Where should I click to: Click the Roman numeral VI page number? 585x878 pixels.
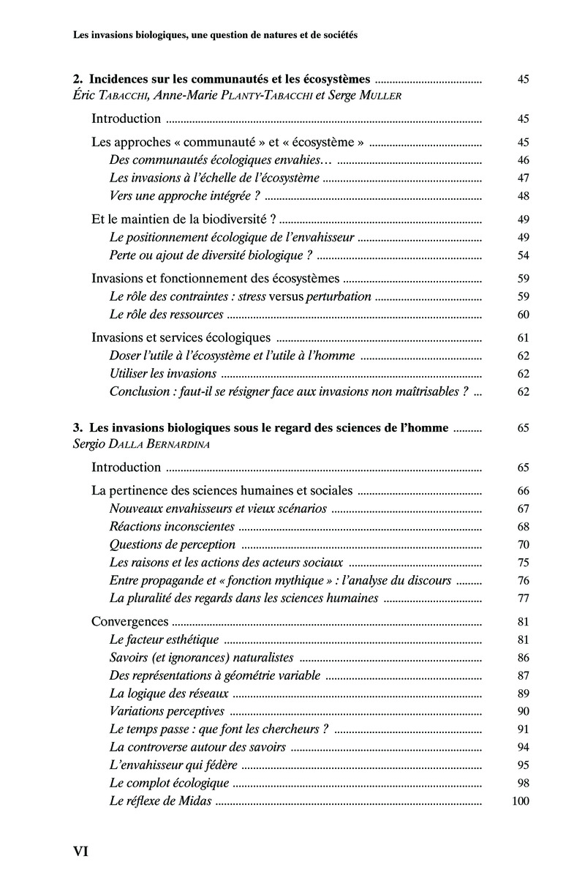click(80, 852)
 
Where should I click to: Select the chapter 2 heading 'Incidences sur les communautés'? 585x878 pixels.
click(223, 80)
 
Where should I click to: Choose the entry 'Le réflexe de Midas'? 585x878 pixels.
click(160, 801)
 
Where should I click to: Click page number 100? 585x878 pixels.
click(520, 801)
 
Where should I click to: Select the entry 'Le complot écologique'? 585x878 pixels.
click(169, 783)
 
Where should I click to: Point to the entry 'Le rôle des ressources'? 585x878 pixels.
click(166, 315)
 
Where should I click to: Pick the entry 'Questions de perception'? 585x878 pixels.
click(172, 544)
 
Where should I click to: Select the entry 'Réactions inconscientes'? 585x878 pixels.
click(172, 526)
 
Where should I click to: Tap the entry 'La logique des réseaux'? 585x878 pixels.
click(169, 693)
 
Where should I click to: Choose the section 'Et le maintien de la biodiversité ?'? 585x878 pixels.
click(184, 219)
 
